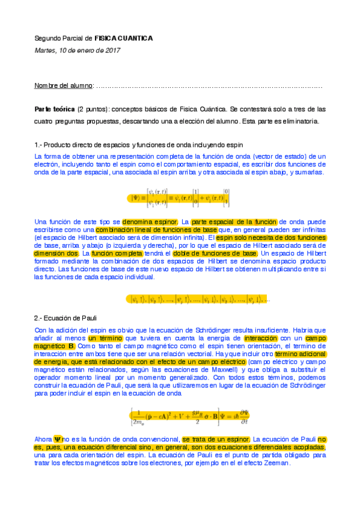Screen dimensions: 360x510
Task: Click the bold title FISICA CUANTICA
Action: tap(124, 38)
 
